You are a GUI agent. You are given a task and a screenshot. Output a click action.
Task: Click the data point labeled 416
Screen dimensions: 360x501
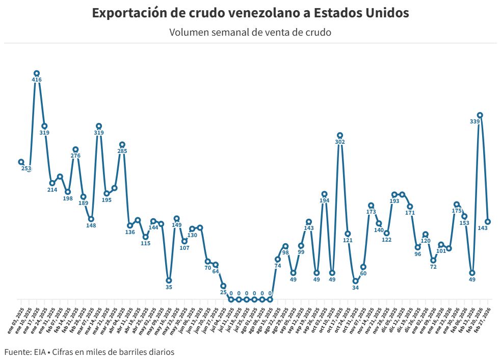pyautogui.click(x=37, y=73)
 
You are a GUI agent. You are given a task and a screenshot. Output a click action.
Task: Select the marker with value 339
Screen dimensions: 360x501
pyautogui.click(x=480, y=115)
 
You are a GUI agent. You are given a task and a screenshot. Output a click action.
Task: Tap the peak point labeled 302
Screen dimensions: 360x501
pyautogui.click(x=340, y=135)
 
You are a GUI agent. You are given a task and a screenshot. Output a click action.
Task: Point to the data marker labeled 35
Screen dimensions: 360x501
pyautogui.click(x=169, y=280)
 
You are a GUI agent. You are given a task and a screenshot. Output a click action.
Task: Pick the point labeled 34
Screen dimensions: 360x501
pyautogui.click(x=355, y=281)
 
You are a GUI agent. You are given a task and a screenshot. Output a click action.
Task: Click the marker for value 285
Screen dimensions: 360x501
pyautogui.click(x=122, y=145)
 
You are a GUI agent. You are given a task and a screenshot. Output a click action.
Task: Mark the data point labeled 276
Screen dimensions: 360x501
pyautogui.click(x=75, y=149)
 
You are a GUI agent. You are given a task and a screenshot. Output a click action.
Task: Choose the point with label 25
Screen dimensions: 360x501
pyautogui.click(x=223, y=286)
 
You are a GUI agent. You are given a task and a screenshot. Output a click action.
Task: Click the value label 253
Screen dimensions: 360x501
pyautogui.click(x=27, y=168)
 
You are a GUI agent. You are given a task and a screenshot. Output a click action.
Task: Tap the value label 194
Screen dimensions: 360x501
pyautogui.click(x=324, y=200)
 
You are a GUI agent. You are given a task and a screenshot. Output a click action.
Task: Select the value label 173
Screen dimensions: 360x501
pyautogui.click(x=371, y=212)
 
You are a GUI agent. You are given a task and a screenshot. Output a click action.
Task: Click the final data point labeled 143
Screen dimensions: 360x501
pyautogui.click(x=488, y=222)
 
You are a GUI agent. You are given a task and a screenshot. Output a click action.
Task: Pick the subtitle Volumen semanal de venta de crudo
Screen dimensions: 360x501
pyautogui.click(x=250, y=33)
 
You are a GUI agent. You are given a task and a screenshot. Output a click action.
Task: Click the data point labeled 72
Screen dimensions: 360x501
pyautogui.click(x=433, y=260)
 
